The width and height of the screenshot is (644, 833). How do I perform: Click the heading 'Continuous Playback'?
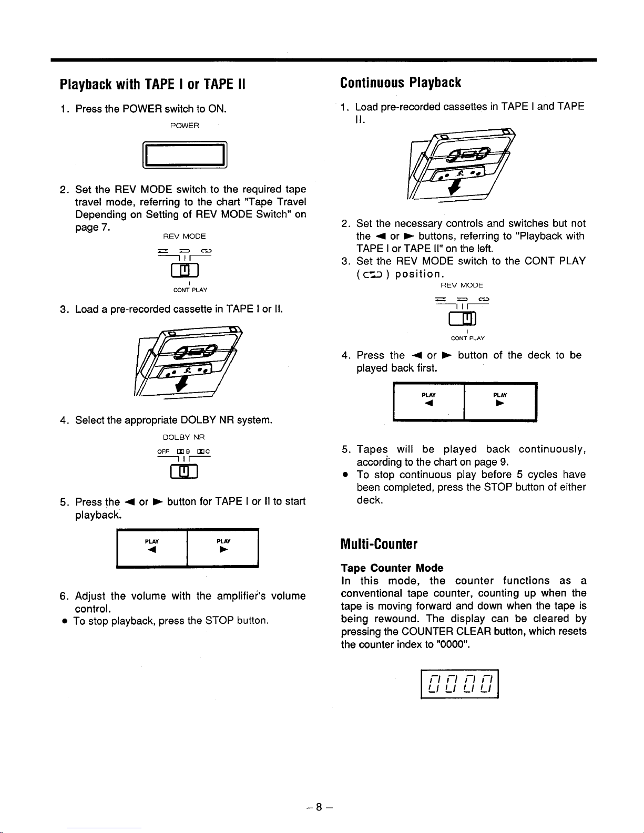coord(400,83)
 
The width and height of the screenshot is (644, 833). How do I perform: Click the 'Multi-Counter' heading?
coord(379,543)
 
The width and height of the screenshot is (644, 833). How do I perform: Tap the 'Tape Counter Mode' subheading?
coord(392,568)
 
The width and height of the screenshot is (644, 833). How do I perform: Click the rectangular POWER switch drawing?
coord(185,155)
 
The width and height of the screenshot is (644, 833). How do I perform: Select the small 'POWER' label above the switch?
coord(185,126)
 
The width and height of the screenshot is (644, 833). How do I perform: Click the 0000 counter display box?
coord(459,684)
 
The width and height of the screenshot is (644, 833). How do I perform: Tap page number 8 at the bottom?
coord(319,807)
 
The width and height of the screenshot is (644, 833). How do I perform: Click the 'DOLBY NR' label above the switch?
coord(183,437)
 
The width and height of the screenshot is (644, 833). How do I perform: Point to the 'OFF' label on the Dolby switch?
coord(163,451)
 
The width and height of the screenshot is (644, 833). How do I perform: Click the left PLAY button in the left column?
coord(152,548)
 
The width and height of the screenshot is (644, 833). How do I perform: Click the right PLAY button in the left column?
coord(223,548)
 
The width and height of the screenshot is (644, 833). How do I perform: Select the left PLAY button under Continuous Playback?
coord(428,402)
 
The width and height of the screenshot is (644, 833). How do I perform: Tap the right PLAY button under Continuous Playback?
coord(500,402)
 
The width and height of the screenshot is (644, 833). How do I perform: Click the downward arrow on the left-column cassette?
coord(181,384)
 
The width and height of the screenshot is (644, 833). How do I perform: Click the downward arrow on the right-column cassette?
coord(454,187)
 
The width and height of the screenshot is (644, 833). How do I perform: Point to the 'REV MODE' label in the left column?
coord(185,236)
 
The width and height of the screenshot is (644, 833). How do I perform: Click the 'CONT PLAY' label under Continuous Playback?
coord(468,338)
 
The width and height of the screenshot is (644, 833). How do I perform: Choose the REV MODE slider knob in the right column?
coord(467,318)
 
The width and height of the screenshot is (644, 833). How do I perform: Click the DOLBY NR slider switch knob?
coord(185,471)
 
